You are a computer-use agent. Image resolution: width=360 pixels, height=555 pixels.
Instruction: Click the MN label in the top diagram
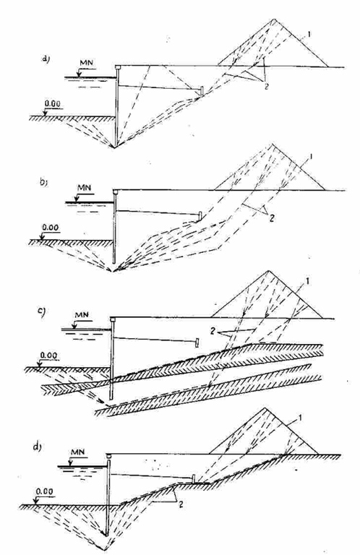[x=86, y=63]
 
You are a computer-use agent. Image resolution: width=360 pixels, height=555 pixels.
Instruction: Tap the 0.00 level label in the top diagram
[x=52, y=104]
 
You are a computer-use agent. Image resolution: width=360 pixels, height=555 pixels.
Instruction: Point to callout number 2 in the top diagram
[x=266, y=86]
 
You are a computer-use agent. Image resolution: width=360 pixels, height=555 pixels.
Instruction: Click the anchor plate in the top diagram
[x=202, y=90]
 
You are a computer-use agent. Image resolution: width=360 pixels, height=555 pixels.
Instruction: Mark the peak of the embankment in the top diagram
[x=274, y=19]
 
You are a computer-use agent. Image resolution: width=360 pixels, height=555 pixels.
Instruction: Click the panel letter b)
[x=43, y=183]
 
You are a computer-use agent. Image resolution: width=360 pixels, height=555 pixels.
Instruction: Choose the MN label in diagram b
[x=85, y=187]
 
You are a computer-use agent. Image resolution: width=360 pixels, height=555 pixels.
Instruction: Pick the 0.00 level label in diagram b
[x=51, y=227]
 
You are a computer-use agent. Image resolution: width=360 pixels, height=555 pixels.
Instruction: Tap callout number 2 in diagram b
[x=271, y=218]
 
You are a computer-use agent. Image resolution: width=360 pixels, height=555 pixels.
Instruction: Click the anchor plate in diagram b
[x=200, y=216]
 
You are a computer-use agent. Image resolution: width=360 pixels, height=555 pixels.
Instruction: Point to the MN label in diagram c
[x=82, y=314]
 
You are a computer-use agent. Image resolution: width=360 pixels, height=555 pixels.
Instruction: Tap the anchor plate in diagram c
[x=197, y=343]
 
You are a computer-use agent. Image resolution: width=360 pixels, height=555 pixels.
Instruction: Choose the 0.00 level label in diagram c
[x=48, y=355]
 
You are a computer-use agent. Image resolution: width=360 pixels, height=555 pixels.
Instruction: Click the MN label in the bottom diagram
[x=78, y=452]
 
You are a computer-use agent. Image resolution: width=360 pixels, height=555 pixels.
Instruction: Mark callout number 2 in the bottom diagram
[x=181, y=504]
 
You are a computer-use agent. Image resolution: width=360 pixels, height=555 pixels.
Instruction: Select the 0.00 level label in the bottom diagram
[x=44, y=492]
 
